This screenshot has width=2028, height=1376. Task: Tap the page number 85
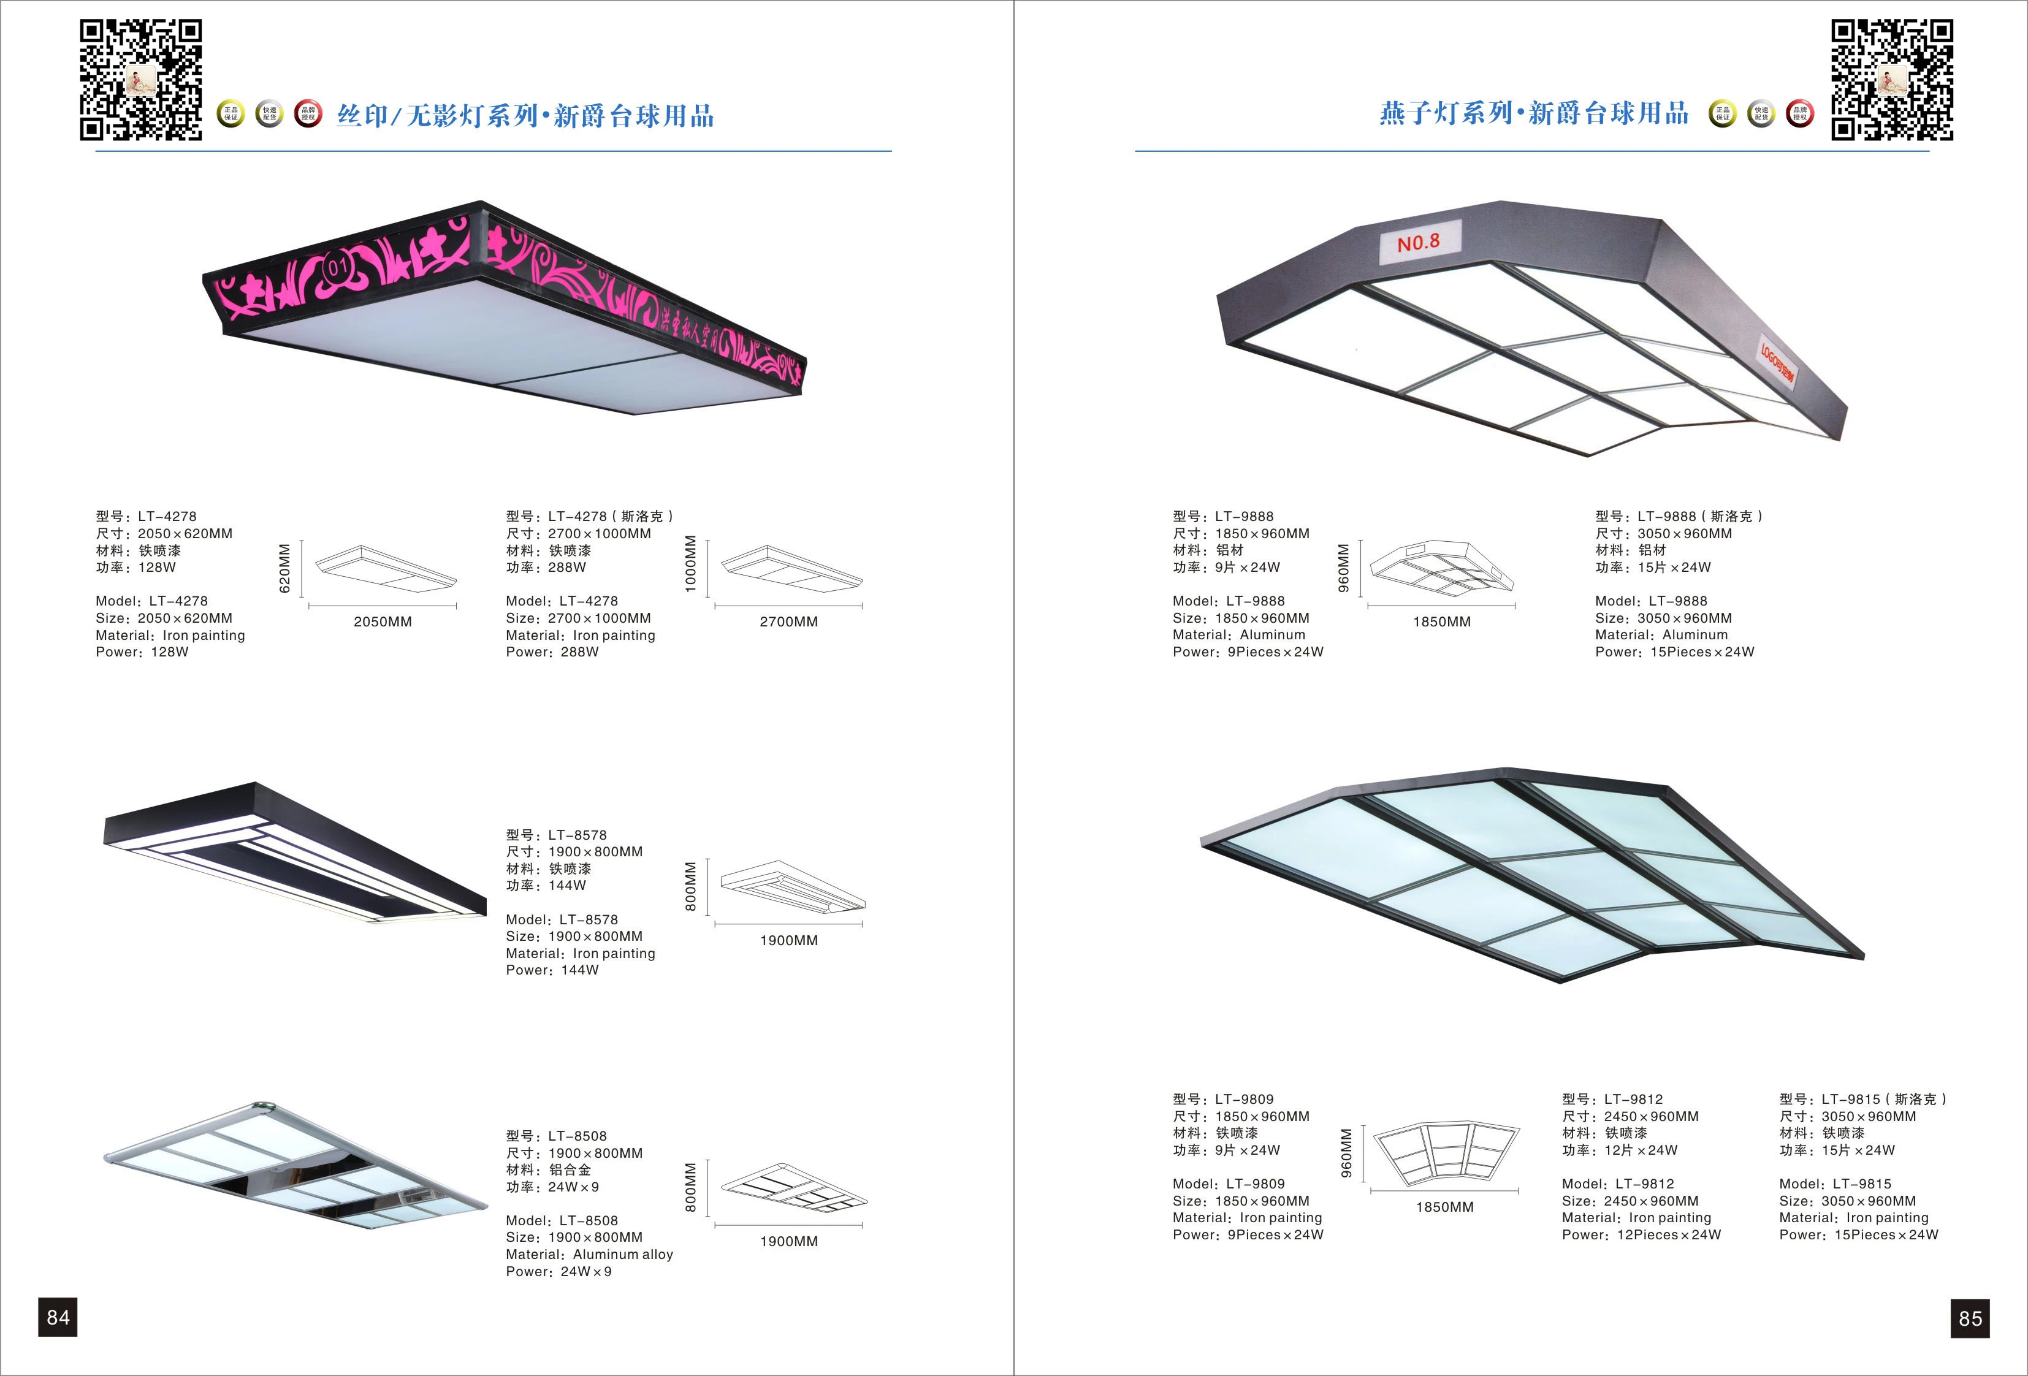click(1970, 1318)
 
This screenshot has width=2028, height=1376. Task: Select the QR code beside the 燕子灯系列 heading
click(1891, 80)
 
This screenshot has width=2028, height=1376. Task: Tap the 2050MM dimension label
click(382, 622)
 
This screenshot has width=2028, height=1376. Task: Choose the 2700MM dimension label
click(788, 622)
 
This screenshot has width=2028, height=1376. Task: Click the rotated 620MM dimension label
click(284, 569)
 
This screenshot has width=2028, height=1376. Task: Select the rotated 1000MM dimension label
click(690, 564)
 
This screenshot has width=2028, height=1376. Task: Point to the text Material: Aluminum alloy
click(589, 1254)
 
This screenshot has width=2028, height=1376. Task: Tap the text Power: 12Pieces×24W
click(1641, 1234)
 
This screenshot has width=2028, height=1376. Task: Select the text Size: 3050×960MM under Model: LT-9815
click(1847, 1201)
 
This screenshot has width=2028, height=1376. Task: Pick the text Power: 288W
click(552, 652)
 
